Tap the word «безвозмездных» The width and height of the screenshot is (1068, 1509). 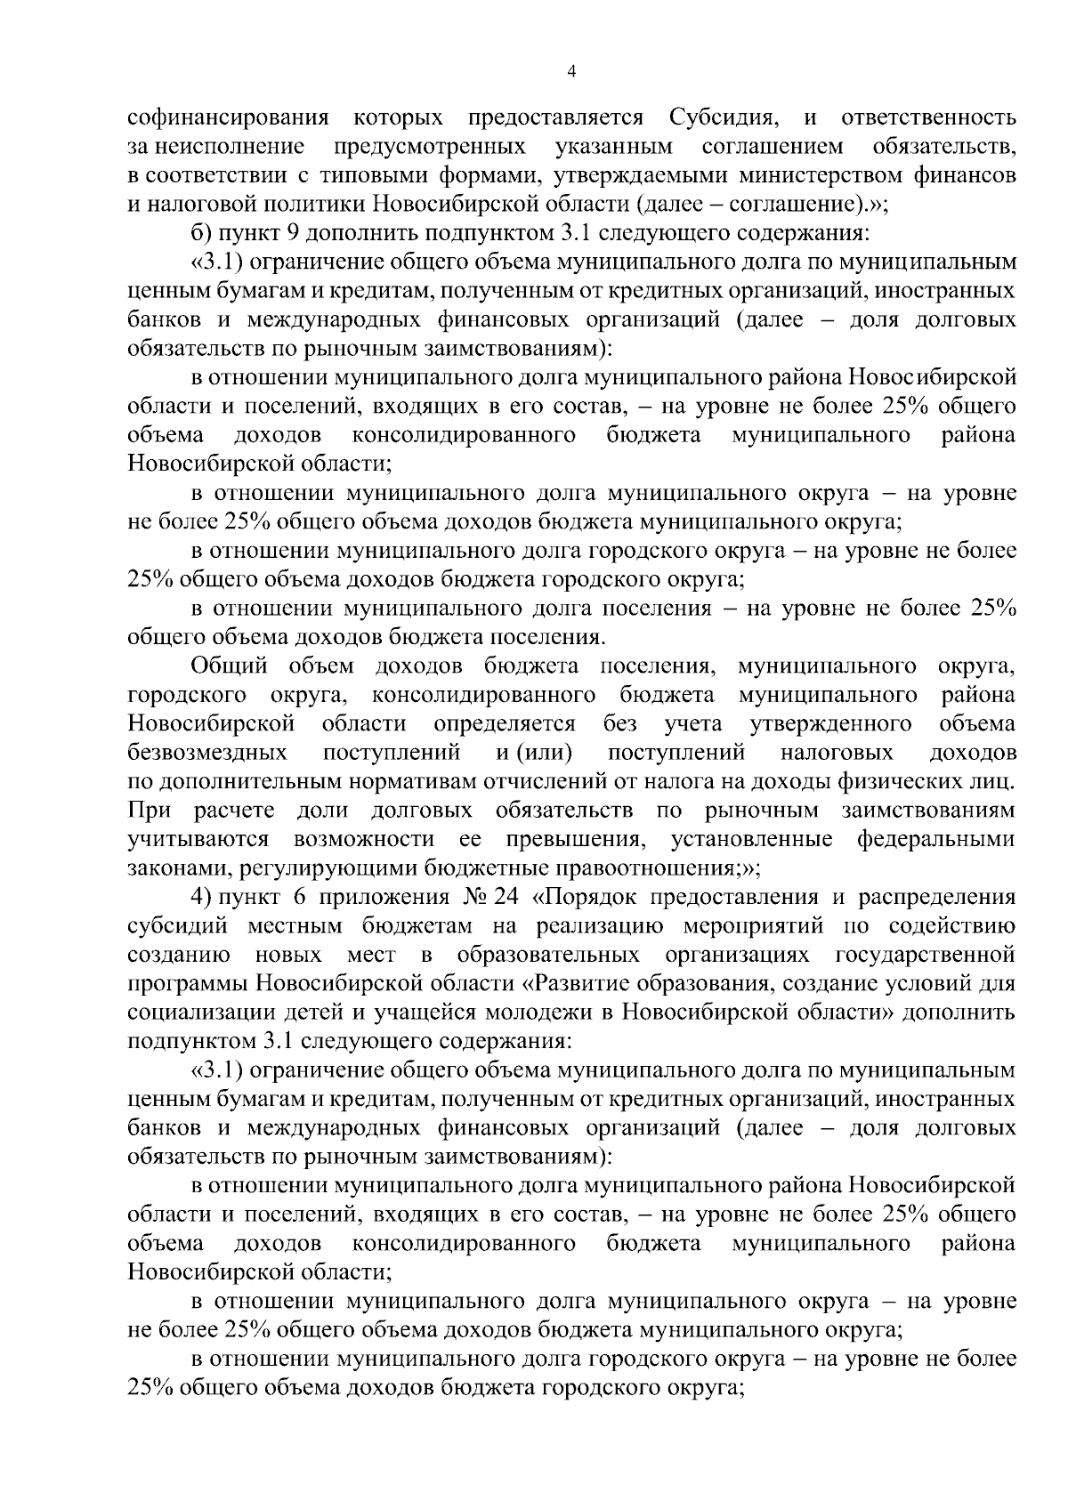207,753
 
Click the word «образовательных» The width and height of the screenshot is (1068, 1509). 547,956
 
